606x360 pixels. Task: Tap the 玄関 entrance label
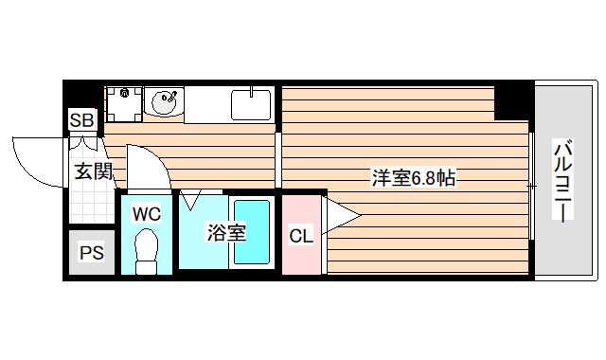94,171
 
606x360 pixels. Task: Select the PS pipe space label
91,253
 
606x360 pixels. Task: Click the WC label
146,213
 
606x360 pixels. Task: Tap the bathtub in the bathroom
252,233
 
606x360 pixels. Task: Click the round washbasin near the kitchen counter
164,99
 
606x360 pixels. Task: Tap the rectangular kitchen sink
251,102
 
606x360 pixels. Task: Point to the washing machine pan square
120,101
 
